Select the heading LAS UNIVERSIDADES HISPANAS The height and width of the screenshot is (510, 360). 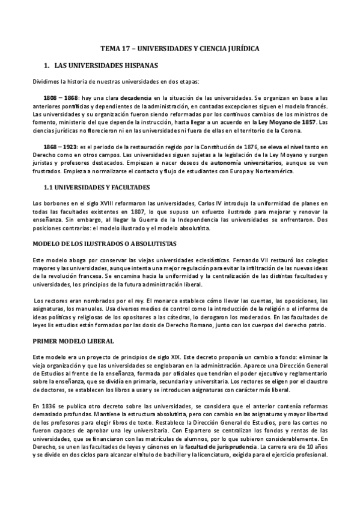coord(114,64)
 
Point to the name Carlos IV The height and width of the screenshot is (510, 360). coord(195,203)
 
